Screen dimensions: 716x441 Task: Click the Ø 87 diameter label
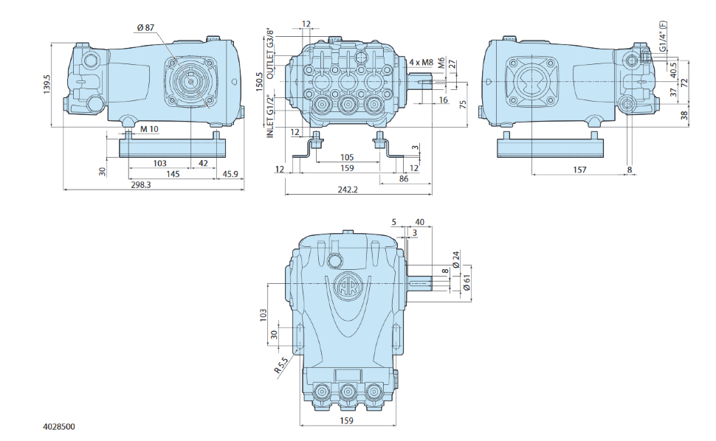click(145, 28)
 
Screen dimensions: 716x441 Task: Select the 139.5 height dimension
click(47, 84)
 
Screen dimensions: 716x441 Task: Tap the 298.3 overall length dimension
click(141, 184)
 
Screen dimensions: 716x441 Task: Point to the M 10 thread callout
click(149, 129)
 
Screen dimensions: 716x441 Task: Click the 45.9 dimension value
click(230, 174)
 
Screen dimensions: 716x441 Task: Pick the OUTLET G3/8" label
click(271, 54)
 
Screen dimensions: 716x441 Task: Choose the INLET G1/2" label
click(271, 117)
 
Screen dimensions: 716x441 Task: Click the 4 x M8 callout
click(421, 62)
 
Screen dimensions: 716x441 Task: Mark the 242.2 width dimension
click(348, 190)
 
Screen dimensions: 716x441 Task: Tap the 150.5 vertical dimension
click(260, 82)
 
